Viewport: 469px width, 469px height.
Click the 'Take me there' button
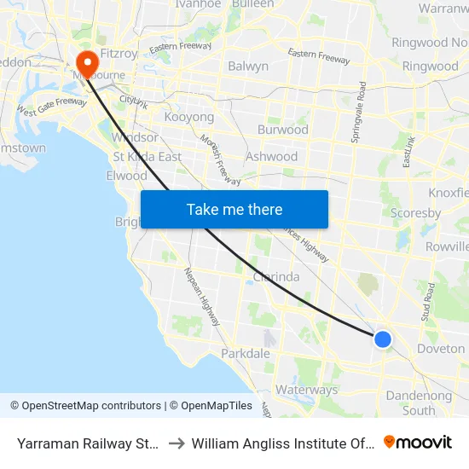(x=234, y=210)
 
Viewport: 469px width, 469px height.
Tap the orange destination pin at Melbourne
(x=87, y=61)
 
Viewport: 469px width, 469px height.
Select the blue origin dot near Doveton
(x=383, y=339)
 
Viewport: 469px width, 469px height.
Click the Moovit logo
(x=418, y=443)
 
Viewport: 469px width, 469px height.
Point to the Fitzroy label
(x=119, y=53)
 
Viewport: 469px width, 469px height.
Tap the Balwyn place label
(x=248, y=66)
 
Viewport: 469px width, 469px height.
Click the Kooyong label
(x=188, y=116)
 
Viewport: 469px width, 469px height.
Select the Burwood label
(x=282, y=130)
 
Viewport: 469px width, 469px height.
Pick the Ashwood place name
(x=271, y=156)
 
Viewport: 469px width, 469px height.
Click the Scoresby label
(x=414, y=212)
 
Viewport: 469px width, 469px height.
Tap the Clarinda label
(x=276, y=276)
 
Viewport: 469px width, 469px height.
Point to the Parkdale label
(x=246, y=353)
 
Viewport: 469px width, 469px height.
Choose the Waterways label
(x=307, y=390)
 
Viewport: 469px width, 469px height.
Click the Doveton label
(x=441, y=348)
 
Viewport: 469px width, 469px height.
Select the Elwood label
(x=126, y=176)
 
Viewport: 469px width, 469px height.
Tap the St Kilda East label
(x=148, y=156)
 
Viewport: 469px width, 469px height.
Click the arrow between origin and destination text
(x=175, y=443)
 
